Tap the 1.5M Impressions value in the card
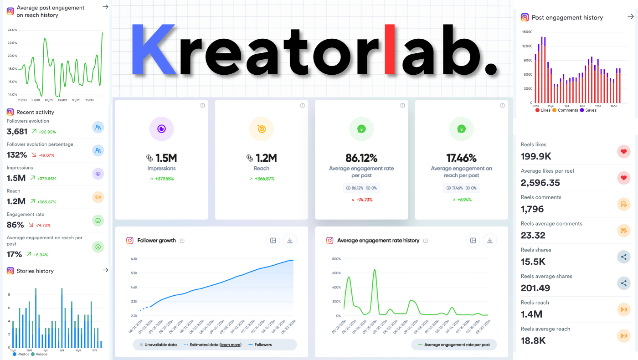(166, 158)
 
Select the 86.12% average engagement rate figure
(361, 158)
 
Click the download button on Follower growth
(290, 241)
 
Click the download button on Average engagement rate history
(489, 241)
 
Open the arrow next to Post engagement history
(630, 17)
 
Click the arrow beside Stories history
(105, 270)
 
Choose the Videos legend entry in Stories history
(40, 354)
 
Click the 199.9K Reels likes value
(536, 156)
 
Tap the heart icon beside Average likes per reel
(623, 178)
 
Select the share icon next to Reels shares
(623, 257)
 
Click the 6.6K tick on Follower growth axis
(134, 259)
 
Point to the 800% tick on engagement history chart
(336, 259)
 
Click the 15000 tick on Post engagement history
(527, 32)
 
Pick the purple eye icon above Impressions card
(161, 129)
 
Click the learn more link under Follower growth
(230, 345)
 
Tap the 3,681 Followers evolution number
(17, 132)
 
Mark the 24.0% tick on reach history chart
(12, 30)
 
